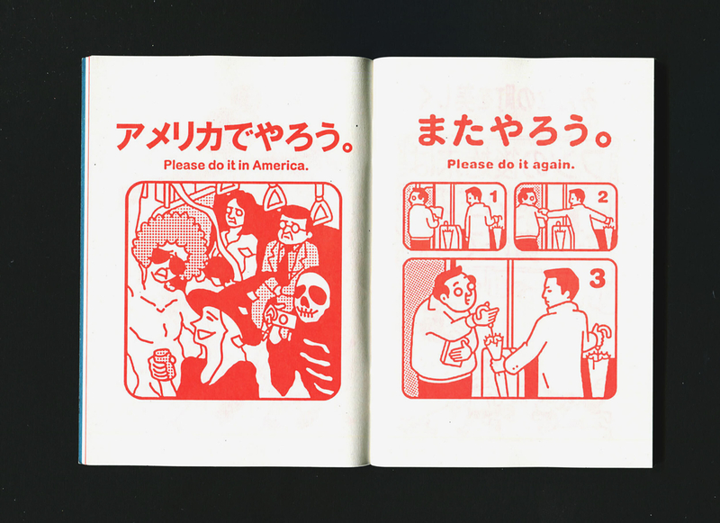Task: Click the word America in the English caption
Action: pos(280,166)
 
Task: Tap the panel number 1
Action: pos(494,197)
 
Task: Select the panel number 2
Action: pos(603,197)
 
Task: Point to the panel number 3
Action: pos(598,279)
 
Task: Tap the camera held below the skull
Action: pos(280,318)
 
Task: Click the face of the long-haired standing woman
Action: pos(233,212)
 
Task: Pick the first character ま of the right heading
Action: pos(432,131)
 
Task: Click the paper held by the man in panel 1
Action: pos(437,212)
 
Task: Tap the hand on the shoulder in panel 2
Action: pos(544,212)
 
